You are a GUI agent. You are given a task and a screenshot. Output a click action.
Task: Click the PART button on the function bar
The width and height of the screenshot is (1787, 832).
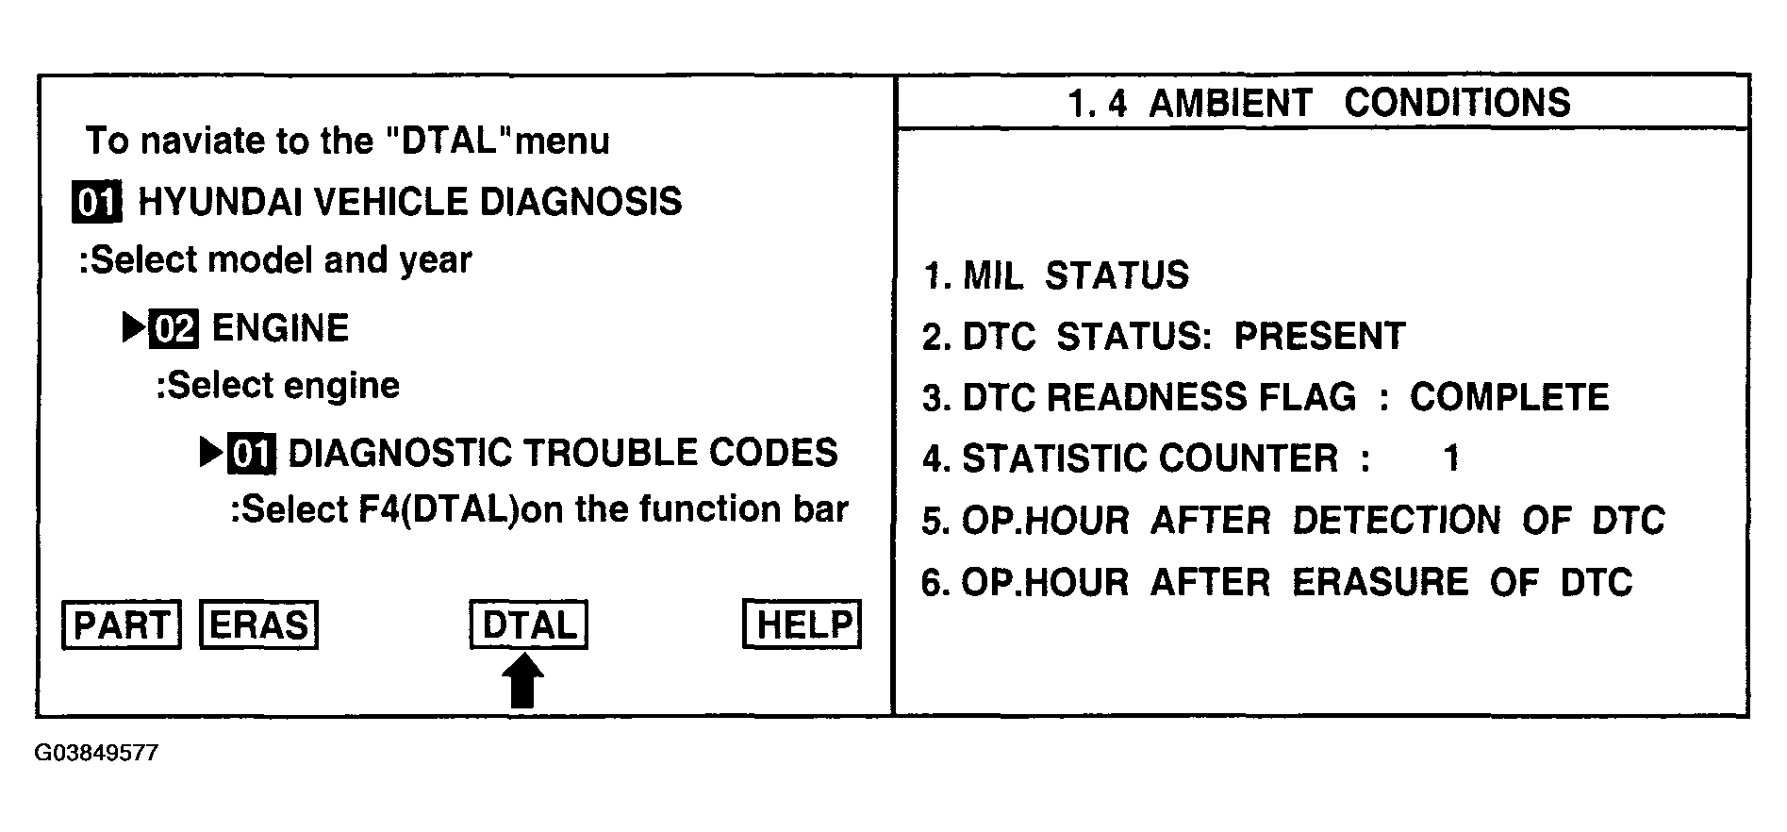pos(121,625)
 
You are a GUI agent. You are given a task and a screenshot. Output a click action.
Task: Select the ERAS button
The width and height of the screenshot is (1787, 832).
pos(258,625)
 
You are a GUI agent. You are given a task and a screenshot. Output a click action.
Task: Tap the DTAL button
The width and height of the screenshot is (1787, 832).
pos(528,625)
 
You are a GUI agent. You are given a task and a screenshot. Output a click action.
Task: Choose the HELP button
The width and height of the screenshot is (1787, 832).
pos(802,625)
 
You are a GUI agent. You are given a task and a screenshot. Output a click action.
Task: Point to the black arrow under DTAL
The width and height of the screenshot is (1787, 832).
pos(524,681)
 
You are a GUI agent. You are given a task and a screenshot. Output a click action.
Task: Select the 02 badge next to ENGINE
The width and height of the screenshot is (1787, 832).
pos(174,329)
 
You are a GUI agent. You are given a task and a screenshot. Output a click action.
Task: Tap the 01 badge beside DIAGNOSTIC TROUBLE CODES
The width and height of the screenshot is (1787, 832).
pos(252,455)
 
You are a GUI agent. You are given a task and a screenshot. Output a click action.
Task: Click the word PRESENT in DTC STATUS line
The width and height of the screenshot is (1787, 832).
pos(1319,337)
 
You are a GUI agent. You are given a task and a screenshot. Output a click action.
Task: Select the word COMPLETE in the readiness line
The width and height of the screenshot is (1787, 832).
pos(1509,398)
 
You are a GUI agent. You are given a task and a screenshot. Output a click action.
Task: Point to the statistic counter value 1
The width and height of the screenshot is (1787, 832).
pos(1451,459)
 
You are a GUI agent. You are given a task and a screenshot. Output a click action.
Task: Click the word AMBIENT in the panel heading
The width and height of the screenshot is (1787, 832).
pos(1230,103)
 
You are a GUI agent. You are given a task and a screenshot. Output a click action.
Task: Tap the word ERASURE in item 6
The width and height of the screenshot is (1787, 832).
pos(1380,583)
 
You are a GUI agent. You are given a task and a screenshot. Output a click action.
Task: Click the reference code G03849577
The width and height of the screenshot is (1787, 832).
pos(96,754)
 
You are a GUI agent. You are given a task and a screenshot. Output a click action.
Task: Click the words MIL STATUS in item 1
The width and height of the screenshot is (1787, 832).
pos(1075,276)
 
